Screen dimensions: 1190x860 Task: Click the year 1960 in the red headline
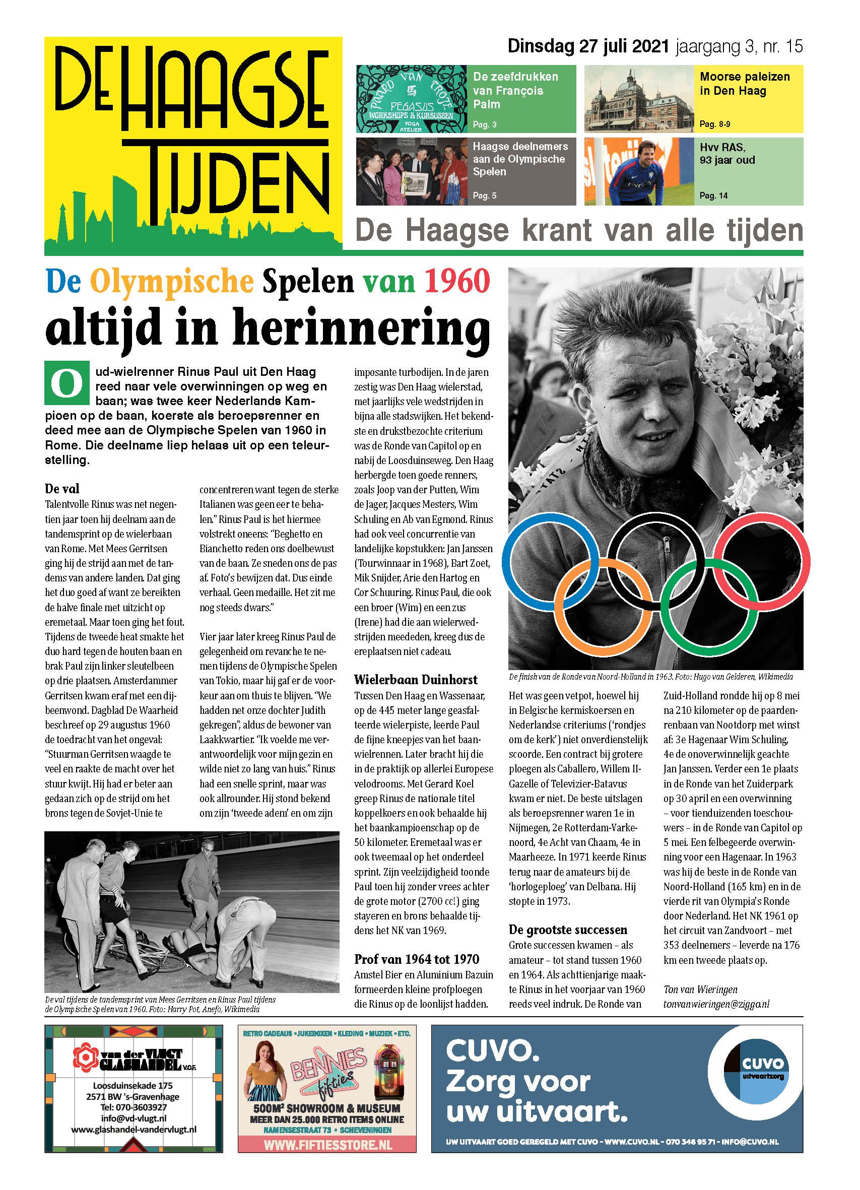[457, 282]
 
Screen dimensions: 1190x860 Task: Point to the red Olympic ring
[761, 561]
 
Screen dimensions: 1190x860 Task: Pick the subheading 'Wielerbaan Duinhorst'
[416, 680]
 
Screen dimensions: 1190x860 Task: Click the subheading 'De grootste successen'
[568, 930]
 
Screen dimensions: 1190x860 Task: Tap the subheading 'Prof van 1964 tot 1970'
[417, 959]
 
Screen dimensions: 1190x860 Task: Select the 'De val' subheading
[62, 489]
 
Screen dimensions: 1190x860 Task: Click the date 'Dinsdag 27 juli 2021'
[587, 47]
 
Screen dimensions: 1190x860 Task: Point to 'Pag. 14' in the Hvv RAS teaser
[713, 195]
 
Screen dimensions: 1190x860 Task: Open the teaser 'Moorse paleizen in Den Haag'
[745, 84]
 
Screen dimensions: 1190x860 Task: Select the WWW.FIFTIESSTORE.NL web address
[327, 1145]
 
